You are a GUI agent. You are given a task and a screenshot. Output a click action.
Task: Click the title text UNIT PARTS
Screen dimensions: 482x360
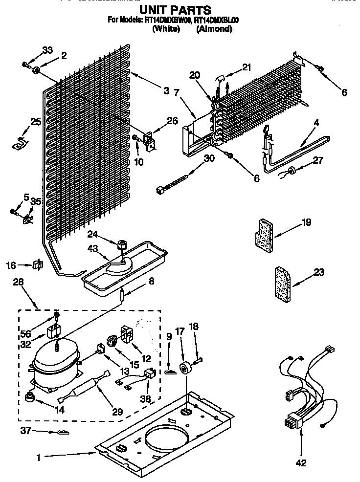pos(175,9)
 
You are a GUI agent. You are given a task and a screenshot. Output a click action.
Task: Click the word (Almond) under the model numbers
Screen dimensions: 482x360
pos(214,29)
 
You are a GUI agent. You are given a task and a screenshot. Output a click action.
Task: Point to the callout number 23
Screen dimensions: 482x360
pos(318,273)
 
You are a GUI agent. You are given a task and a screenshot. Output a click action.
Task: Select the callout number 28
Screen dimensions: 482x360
pos(18,283)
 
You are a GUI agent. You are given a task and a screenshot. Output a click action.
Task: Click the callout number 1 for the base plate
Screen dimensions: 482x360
pos(38,457)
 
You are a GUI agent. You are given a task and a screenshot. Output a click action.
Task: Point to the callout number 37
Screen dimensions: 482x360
pos(25,431)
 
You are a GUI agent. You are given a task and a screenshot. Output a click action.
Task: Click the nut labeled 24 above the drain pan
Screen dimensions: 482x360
pos(122,242)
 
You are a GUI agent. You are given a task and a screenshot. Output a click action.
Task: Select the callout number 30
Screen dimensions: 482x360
pos(209,158)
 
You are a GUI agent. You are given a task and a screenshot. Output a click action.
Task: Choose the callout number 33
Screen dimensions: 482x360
pos(47,50)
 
